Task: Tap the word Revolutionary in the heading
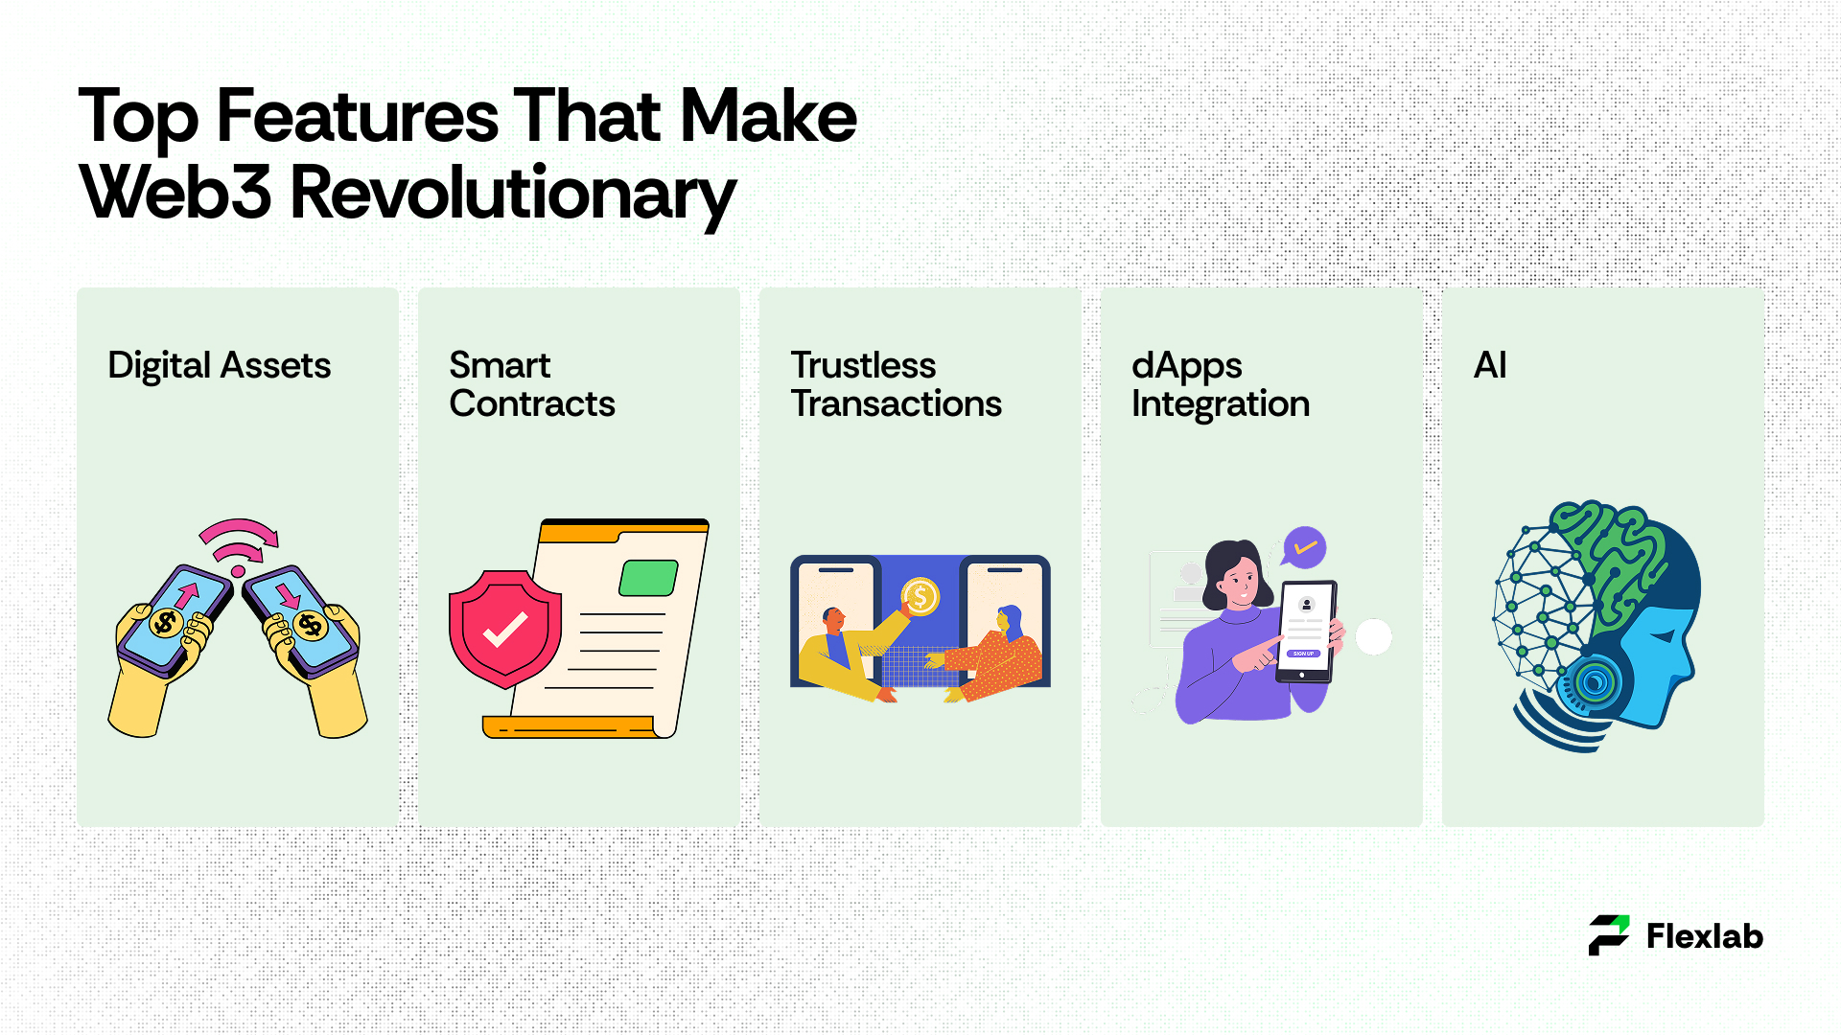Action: pos(513,195)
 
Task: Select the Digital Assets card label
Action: pos(219,366)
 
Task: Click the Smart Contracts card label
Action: pos(532,384)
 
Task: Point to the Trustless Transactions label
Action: pos(896,384)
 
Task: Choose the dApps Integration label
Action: pos(1220,385)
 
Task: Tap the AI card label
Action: pos(1490,365)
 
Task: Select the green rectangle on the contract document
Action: pos(648,578)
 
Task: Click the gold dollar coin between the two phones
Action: pos(920,597)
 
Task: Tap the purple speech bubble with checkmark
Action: pos(1304,548)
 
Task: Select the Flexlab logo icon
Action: pos(1609,935)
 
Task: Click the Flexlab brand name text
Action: pos(1705,936)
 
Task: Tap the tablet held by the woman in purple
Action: pos(1305,632)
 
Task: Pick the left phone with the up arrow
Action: pos(176,618)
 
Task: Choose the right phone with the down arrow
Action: pos(300,618)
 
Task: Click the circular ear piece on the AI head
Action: pos(1596,682)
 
